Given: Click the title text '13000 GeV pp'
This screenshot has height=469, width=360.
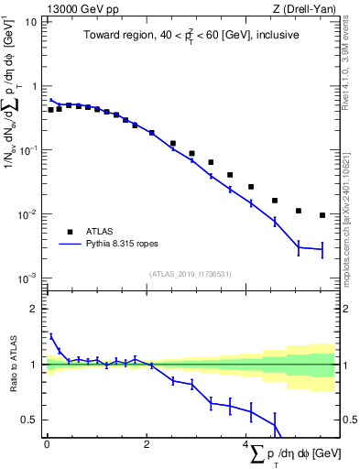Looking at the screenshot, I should [x=78, y=9].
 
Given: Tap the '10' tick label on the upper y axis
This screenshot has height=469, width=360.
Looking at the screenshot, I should [x=31, y=22].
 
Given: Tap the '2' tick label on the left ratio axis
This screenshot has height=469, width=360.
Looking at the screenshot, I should [x=34, y=309].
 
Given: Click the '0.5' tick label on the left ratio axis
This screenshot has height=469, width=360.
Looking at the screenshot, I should [x=29, y=420].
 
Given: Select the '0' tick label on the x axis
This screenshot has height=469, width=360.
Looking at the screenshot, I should [x=47, y=444].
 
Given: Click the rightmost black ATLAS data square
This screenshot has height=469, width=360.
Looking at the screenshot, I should [x=322, y=215].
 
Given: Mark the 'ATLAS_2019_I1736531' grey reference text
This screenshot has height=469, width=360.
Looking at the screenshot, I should [x=190, y=273].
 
